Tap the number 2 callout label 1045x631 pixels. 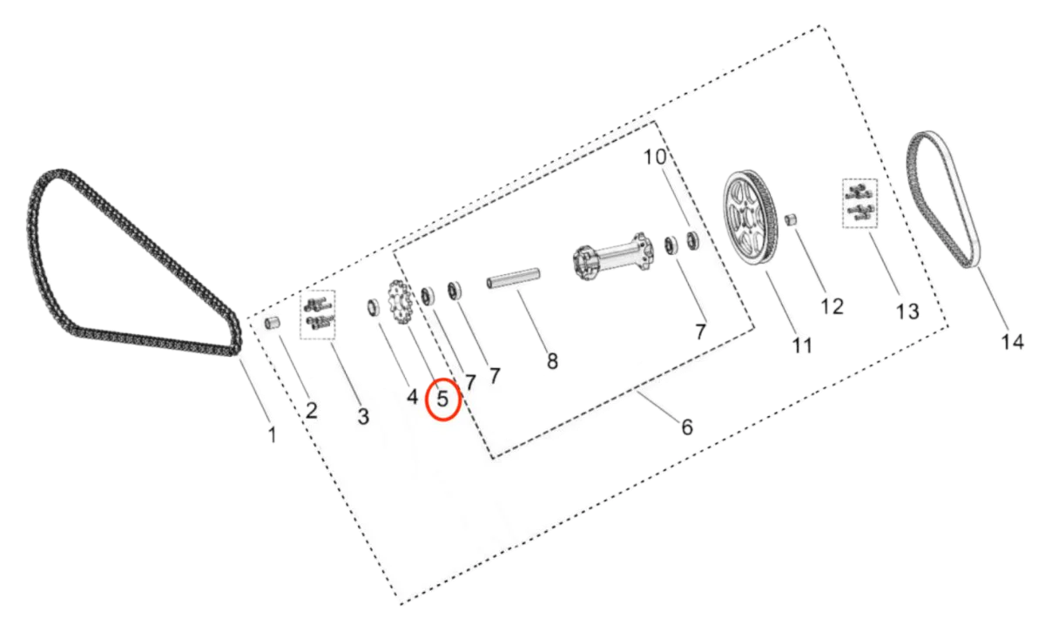coord(310,410)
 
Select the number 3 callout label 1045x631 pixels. coord(362,417)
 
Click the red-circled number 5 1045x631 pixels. coord(443,400)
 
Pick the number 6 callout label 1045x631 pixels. coord(687,426)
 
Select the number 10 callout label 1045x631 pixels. coord(655,158)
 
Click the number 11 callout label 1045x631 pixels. coord(801,346)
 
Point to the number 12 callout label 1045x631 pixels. coord(832,306)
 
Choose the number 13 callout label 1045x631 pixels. coord(907,311)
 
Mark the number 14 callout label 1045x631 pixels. coord(1011,343)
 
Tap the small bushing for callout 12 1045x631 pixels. coord(792,221)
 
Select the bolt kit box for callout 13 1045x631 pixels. coord(860,205)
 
